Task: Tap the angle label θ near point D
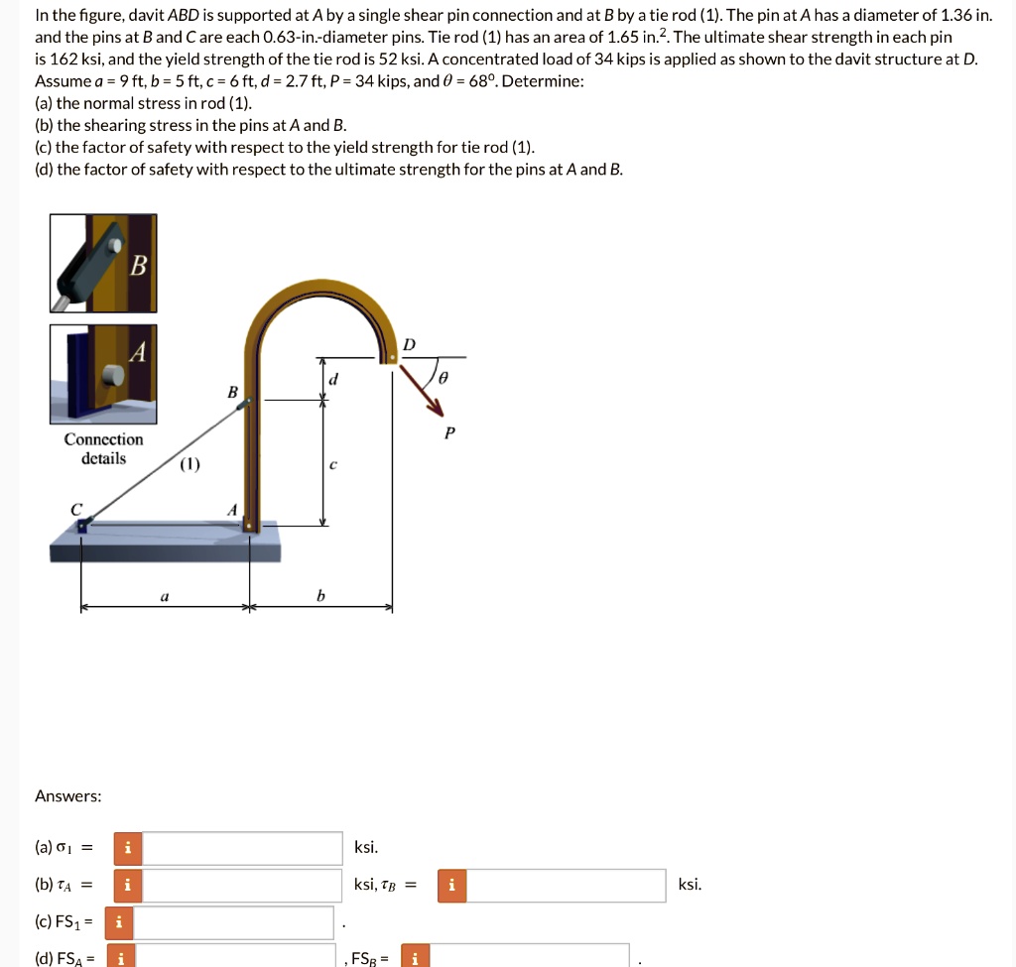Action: (x=444, y=378)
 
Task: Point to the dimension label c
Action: (x=332, y=464)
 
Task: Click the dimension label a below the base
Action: (x=165, y=596)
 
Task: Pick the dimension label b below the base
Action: (x=320, y=596)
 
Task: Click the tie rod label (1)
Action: (x=190, y=465)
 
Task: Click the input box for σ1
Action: (x=242, y=848)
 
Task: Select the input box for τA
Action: (x=242, y=885)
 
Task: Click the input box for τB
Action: (x=566, y=885)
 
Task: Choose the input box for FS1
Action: (x=233, y=922)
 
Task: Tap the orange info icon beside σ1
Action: (x=127, y=848)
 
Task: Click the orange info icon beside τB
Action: (x=451, y=885)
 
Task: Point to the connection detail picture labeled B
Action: (x=103, y=264)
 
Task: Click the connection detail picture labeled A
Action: (x=103, y=374)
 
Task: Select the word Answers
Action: (x=67, y=796)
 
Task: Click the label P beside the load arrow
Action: (x=449, y=432)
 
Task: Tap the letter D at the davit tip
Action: (x=409, y=344)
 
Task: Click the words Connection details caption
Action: (x=103, y=448)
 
